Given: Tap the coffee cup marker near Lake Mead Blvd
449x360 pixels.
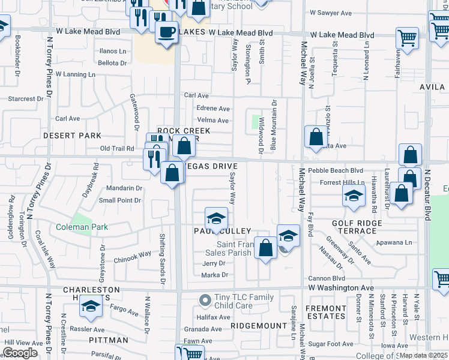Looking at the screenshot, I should click(166, 31).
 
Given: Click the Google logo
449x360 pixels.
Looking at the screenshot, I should click(20, 353).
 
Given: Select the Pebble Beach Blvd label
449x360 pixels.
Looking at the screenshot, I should click(336, 170).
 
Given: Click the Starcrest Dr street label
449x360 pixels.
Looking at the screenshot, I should click(25, 99).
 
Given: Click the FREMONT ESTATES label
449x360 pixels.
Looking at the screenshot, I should click(325, 312).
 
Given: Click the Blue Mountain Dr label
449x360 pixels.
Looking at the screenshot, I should click(274, 125).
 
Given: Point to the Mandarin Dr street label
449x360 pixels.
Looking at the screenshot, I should click(124, 188).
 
